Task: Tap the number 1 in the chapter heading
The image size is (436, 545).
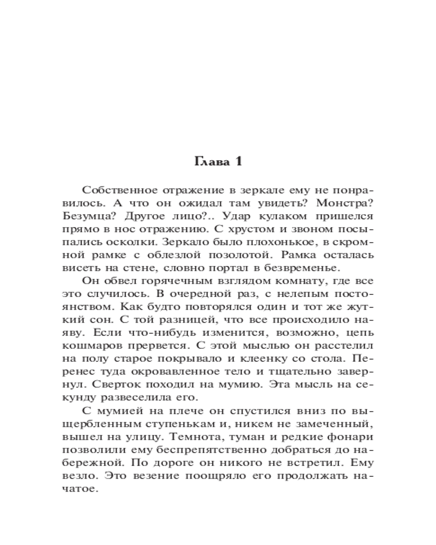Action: tap(237, 161)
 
